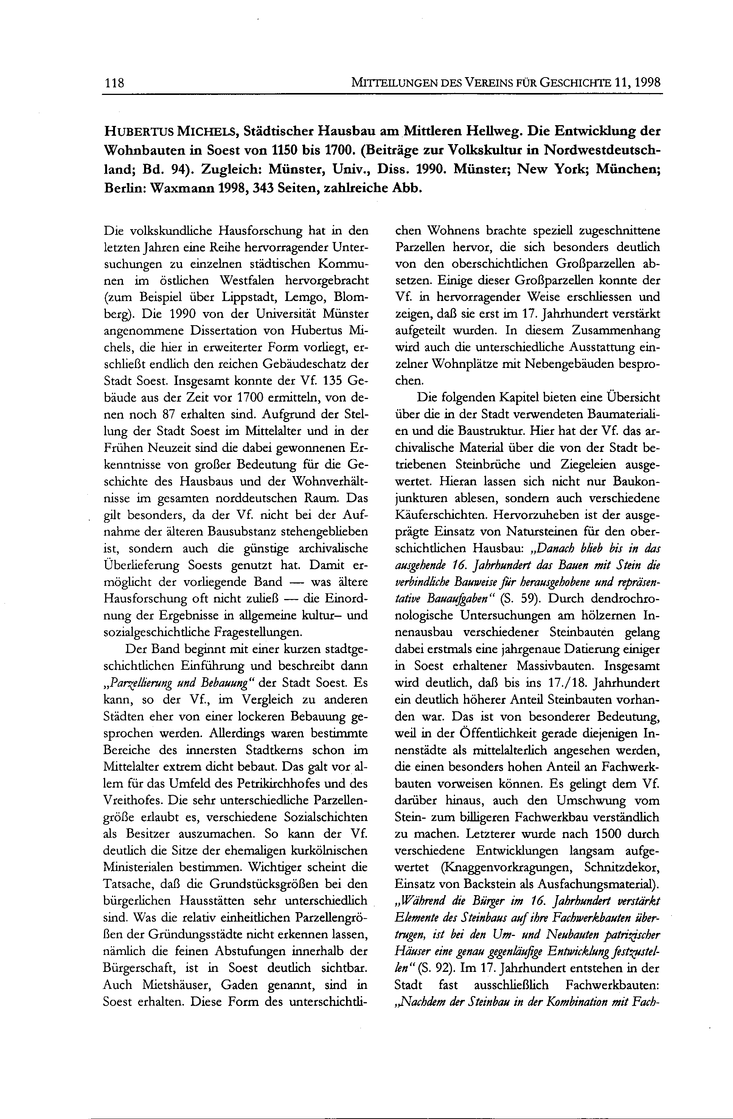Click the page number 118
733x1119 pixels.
[113, 83]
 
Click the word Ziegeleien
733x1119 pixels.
[585, 464]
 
